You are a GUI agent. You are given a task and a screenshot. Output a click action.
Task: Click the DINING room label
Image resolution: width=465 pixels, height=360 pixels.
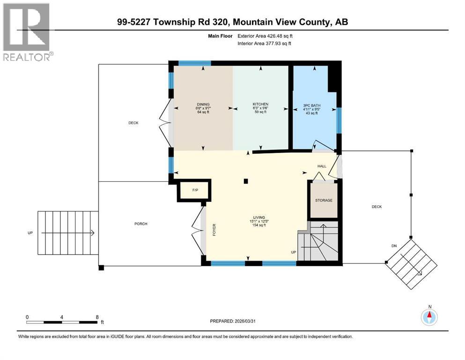pos(203,105)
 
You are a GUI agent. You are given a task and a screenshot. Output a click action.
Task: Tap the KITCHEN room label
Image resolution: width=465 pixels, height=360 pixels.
pos(260,105)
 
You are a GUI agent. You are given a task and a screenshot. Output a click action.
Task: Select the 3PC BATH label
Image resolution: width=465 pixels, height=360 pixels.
pos(312,106)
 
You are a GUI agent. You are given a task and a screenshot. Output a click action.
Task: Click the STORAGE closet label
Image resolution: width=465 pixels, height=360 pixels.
pos(323,200)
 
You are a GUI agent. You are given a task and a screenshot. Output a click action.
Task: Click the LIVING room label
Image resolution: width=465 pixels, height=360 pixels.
pos(259,217)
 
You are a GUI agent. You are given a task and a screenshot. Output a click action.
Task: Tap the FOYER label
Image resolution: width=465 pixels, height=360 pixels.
pos(214,229)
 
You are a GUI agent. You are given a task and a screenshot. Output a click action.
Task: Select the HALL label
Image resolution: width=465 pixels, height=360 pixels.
pos(322,166)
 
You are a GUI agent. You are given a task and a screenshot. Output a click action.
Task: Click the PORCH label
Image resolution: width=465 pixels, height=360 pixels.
pos(140,224)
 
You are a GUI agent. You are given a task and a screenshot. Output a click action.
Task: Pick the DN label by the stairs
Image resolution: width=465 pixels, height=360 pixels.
pos(394,245)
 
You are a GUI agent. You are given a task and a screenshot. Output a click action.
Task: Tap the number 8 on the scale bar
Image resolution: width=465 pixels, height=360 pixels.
pos(96,316)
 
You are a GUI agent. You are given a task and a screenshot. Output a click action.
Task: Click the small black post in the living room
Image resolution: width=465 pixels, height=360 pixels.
pos(246,181)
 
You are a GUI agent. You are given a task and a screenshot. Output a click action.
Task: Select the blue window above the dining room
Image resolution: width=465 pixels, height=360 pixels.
pos(194,63)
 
